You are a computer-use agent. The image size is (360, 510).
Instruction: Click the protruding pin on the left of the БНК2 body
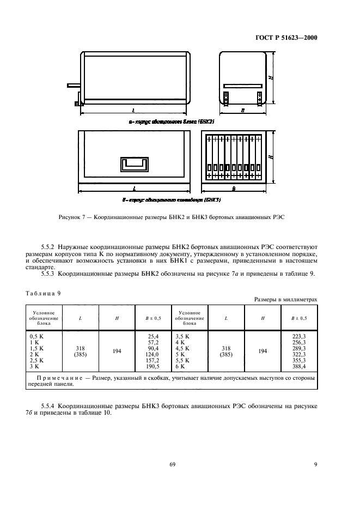coord(74,85)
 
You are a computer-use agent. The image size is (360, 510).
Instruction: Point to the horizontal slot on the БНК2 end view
coord(242,84)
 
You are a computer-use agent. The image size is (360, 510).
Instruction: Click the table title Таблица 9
coord(44,293)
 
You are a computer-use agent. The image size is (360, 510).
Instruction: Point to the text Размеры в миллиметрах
coord(285,300)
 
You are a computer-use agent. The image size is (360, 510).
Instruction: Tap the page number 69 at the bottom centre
coord(173,464)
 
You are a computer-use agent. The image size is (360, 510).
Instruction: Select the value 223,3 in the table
coord(300,337)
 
